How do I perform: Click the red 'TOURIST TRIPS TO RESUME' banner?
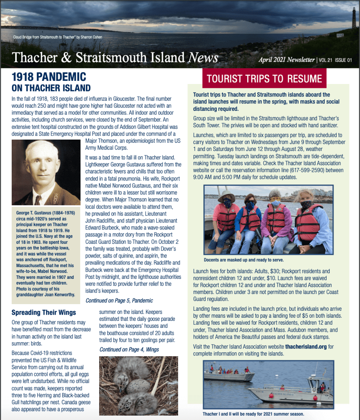pyautogui.click(x=264, y=79)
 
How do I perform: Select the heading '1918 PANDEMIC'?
pyautogui.click(x=49, y=77)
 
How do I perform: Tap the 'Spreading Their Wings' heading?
pyautogui.click(x=44, y=312)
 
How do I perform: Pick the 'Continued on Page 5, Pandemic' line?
pyautogui.click(x=119, y=300)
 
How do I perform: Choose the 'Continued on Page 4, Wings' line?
pyautogui.click(x=129, y=349)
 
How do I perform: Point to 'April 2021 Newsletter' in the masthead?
pyautogui.click(x=287, y=59)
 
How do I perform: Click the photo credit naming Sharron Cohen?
pyautogui.click(x=58, y=37)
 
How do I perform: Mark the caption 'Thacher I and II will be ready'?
pyautogui.click(x=253, y=414)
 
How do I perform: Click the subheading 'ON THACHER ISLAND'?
pyautogui.click(x=51, y=88)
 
